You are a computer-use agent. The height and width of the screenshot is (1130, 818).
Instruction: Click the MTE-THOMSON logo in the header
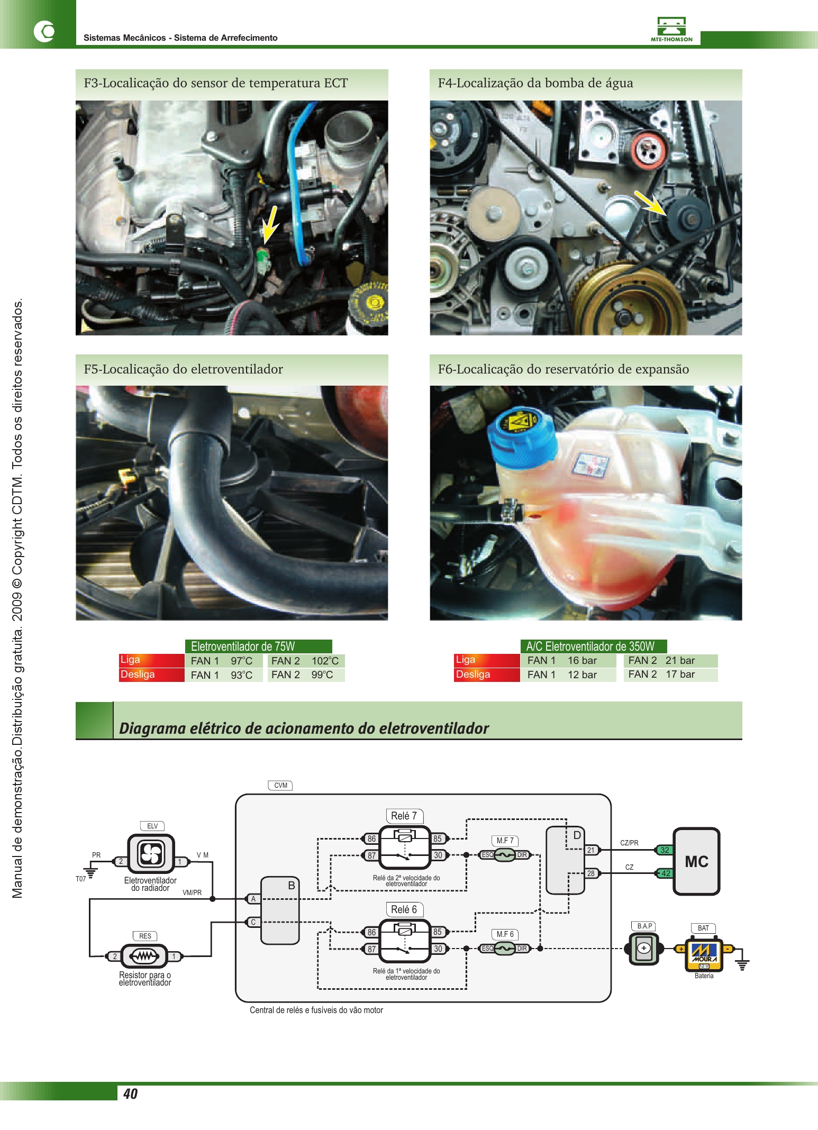click(671, 29)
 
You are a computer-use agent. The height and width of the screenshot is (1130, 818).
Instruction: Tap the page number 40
click(130, 1093)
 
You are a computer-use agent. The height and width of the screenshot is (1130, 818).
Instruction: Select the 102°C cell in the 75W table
click(325, 661)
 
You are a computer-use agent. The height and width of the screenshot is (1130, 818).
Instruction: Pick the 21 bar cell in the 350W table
click(680, 660)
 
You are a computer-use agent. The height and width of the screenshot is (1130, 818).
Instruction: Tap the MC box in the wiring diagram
click(696, 861)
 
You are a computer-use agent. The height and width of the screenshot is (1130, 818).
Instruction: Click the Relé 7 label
click(404, 816)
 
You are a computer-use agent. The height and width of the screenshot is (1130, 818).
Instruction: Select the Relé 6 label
click(404, 909)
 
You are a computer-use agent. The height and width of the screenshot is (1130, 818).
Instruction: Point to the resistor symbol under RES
click(144, 956)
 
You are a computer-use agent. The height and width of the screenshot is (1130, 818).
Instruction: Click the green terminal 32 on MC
click(665, 850)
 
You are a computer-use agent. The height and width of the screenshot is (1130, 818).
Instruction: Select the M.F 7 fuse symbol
click(505, 855)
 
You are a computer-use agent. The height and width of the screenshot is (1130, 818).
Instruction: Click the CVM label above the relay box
click(280, 786)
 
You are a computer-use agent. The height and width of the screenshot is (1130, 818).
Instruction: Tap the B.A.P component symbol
click(644, 949)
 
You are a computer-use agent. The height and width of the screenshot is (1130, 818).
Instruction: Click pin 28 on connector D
click(591, 873)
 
